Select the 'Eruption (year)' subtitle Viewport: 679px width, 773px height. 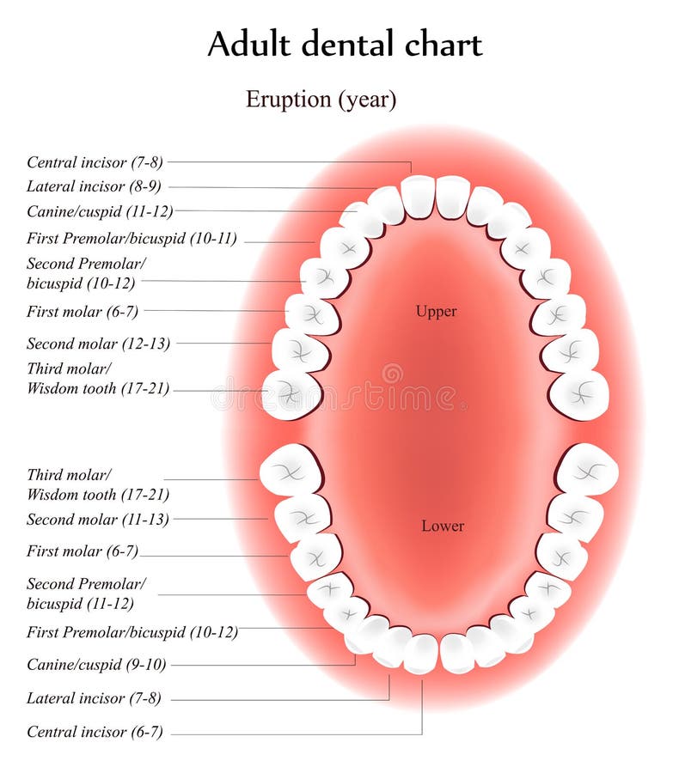(x=321, y=100)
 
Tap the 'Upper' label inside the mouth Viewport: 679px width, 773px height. (x=436, y=312)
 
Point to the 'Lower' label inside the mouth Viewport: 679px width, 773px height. (x=443, y=526)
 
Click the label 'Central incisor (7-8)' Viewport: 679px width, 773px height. (x=95, y=162)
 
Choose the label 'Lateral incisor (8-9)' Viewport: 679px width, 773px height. (x=94, y=186)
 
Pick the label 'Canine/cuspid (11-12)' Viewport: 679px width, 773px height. (x=100, y=211)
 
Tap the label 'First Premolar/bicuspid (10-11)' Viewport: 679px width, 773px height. (x=132, y=239)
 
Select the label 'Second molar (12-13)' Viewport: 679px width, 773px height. (x=98, y=344)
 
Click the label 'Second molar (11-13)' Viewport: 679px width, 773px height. (x=97, y=520)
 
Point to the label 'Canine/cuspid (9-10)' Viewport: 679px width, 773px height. (x=96, y=665)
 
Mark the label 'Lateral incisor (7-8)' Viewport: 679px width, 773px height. (x=94, y=698)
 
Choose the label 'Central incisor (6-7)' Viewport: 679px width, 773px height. (x=95, y=733)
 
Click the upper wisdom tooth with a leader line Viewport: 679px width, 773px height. (x=291, y=394)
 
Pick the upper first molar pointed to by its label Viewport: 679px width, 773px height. (x=311, y=314)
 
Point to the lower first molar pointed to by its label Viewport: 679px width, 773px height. (x=315, y=556)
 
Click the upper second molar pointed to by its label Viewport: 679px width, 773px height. (x=300, y=350)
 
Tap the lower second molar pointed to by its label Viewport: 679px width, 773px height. (x=303, y=517)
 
